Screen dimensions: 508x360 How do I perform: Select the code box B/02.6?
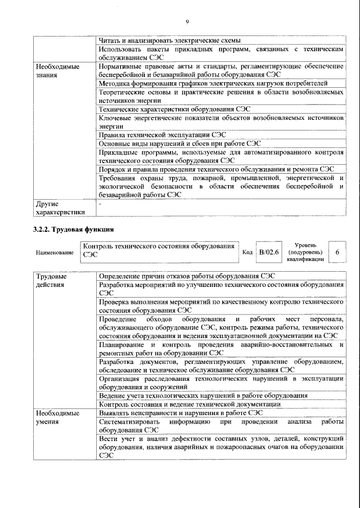click(x=268, y=253)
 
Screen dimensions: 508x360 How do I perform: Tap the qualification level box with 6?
click(x=337, y=253)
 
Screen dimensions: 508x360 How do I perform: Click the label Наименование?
click(x=55, y=253)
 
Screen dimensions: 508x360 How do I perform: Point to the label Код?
click(x=247, y=253)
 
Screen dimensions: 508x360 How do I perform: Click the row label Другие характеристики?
click(x=60, y=208)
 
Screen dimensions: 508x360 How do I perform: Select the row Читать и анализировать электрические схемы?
click(x=169, y=41)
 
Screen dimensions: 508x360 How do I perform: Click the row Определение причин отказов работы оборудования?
click(x=187, y=277)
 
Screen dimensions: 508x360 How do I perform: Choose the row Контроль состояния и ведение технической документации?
click(x=190, y=404)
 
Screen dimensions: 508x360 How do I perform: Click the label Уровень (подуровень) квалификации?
click(x=305, y=253)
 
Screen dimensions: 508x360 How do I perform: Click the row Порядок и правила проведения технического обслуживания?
click(x=217, y=169)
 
